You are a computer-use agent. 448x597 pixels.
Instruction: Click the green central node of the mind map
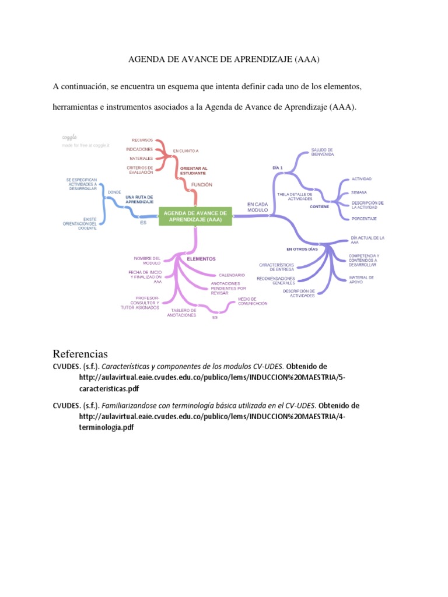195,216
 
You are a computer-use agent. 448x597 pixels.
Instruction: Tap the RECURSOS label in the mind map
142,140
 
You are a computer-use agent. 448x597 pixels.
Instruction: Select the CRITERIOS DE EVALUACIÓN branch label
140,170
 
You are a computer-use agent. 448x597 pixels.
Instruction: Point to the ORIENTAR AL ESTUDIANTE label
193,171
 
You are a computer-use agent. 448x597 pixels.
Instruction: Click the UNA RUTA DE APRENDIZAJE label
139,199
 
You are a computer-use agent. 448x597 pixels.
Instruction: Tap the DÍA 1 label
278,167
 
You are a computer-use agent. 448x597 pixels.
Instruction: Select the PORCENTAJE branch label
364,218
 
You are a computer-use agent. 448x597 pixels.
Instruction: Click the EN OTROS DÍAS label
302,249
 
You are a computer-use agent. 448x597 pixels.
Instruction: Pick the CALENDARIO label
232,275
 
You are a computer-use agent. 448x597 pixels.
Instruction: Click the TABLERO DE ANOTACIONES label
183,312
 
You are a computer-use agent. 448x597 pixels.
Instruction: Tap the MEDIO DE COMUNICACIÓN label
253,301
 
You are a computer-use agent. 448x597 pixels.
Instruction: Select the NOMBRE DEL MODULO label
147,261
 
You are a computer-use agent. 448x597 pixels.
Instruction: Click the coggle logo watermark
69,137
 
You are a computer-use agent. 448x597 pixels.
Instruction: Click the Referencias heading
80,354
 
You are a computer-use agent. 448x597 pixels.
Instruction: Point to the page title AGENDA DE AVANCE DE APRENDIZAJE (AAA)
224,59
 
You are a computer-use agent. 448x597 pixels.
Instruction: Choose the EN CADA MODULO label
257,206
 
